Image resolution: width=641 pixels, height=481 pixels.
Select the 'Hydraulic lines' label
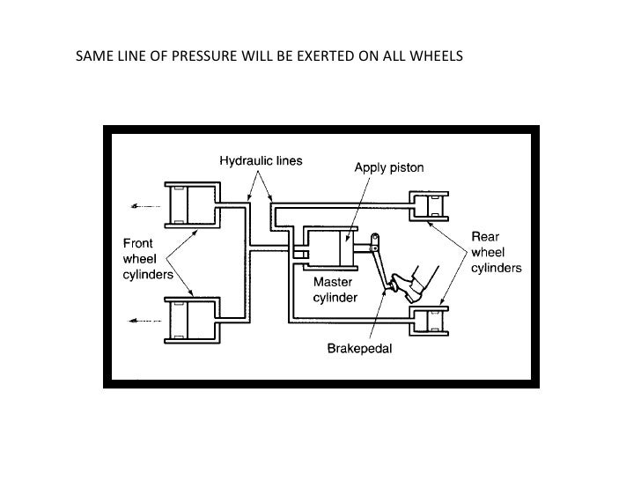[x=261, y=161]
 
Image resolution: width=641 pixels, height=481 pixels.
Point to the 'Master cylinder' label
[x=335, y=291]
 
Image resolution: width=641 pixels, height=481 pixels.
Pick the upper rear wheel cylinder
[x=431, y=206]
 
